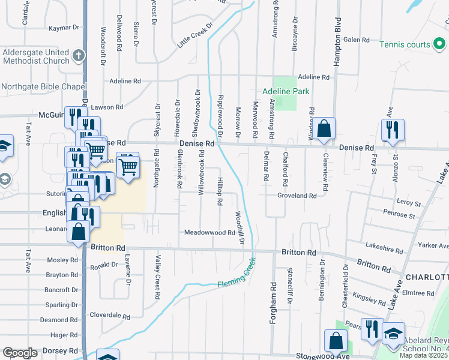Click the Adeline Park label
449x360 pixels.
pos(286,91)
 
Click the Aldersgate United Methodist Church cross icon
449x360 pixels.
pos(78,56)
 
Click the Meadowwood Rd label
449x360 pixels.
pos(209,232)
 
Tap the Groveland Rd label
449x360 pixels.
pos(297,196)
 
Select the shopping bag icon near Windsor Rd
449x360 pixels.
pos(324,128)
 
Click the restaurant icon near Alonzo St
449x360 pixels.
pos(393,130)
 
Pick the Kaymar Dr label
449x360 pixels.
pos(64,28)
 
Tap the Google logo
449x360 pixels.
pos(20,353)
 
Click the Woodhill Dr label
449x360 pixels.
pos(241,227)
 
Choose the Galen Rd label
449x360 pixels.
pos(356,40)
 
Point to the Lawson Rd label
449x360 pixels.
pos(107,107)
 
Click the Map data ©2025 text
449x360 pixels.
pos(423,355)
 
